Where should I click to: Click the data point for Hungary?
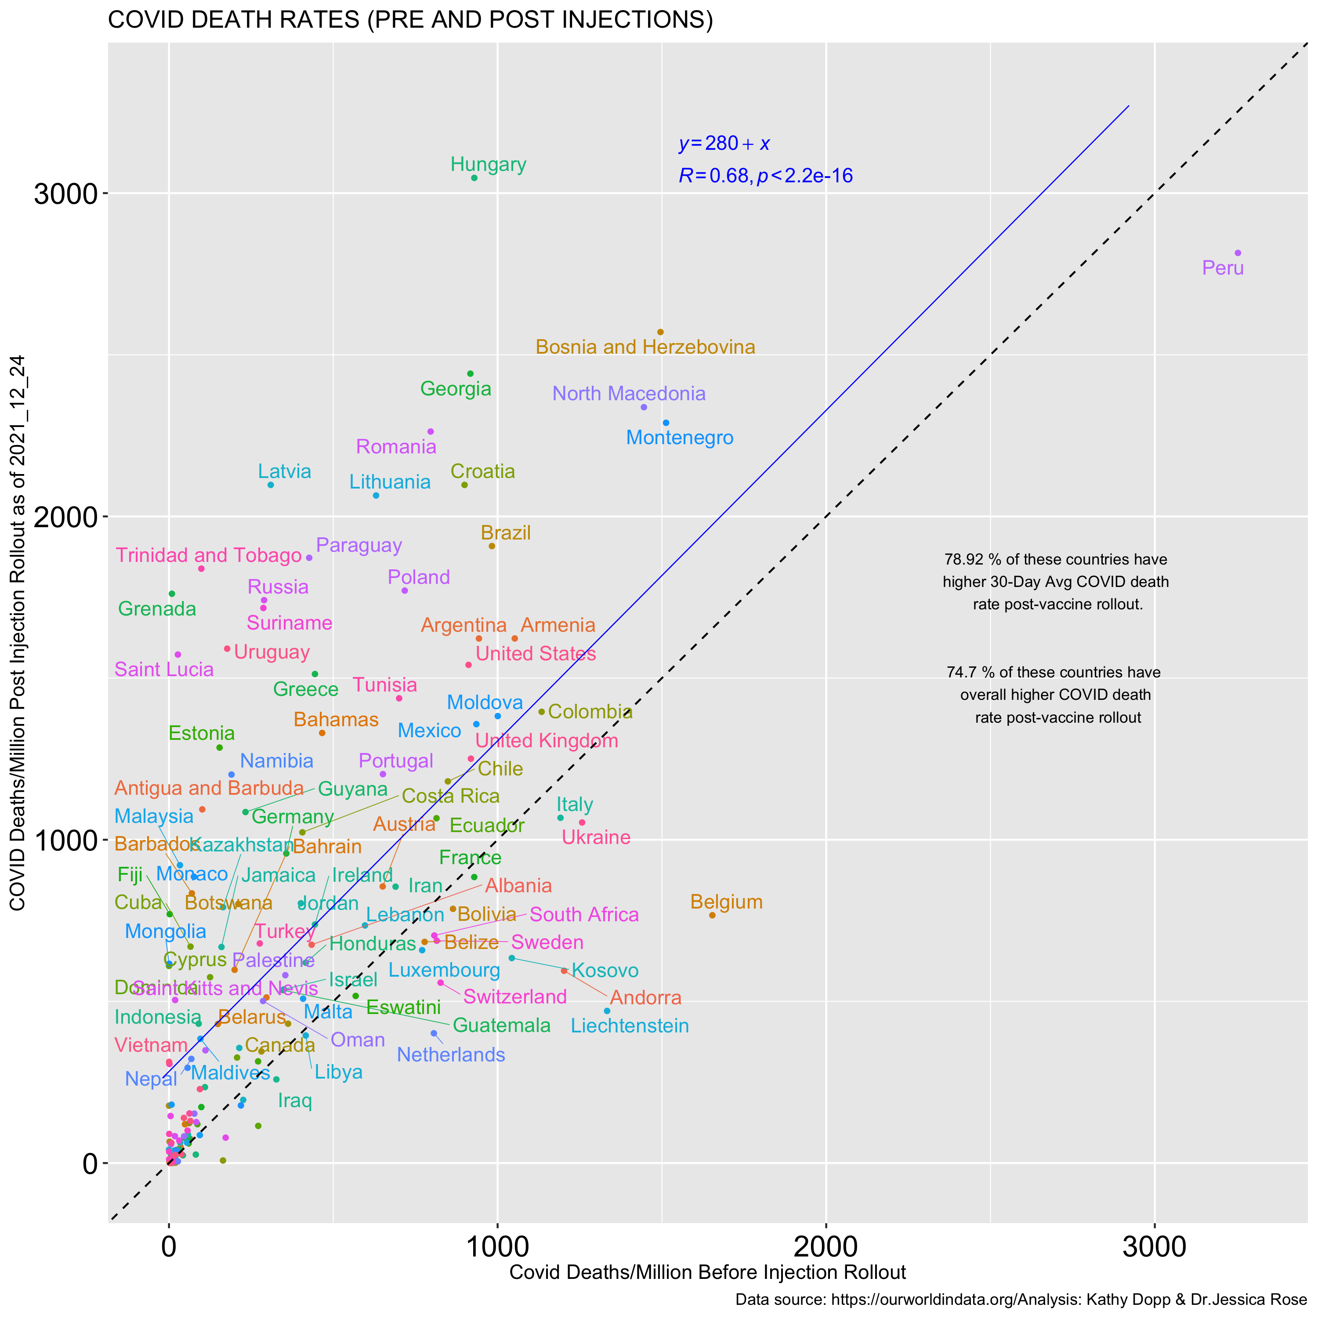474,178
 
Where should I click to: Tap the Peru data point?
1238,253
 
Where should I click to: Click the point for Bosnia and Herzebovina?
660,332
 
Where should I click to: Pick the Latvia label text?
285,471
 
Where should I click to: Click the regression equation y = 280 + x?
724,143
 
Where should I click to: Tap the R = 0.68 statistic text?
765,176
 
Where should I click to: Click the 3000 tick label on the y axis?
65,195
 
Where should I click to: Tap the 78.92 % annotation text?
1055,582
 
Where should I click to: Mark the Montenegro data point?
666,423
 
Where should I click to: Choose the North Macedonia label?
629,394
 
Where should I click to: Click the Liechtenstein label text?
630,1025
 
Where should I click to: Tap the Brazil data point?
492,546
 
